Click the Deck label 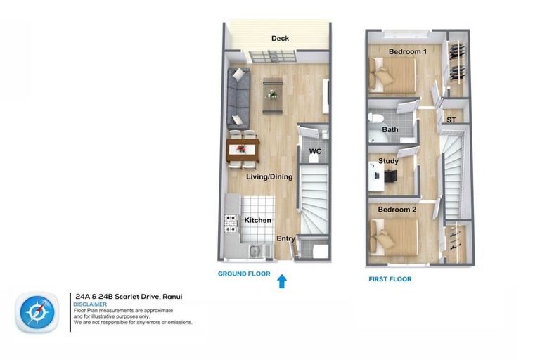280,39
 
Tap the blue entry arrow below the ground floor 282,281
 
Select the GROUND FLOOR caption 244,274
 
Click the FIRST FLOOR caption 390,279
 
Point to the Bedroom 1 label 407,52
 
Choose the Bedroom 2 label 397,210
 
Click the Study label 388,161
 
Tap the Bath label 390,130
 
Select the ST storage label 451,120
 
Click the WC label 315,151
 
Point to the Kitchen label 257,221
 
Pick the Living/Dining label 269,177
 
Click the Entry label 285,239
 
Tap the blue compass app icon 37,311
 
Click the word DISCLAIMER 90,304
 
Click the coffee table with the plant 271,94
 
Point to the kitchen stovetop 229,224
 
